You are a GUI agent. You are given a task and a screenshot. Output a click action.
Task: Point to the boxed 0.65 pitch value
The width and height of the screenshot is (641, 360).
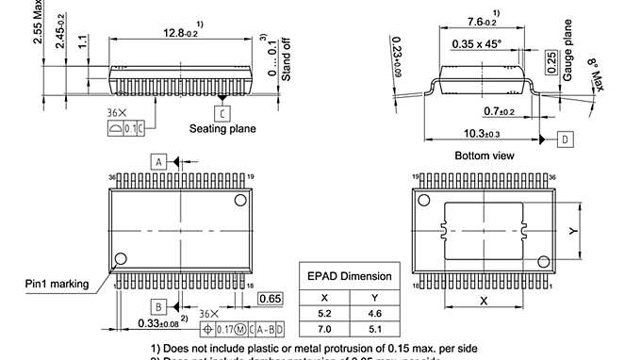pyautogui.click(x=270, y=299)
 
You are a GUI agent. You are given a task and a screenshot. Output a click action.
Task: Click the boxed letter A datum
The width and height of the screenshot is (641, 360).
pyautogui.click(x=158, y=161)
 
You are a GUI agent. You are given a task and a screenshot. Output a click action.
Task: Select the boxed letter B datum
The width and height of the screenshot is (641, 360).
pyautogui.click(x=158, y=307)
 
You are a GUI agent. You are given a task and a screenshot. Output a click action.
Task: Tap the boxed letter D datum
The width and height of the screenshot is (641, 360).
pyautogui.click(x=564, y=139)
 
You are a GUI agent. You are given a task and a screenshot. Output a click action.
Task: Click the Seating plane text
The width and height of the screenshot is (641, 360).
pyautogui.click(x=222, y=129)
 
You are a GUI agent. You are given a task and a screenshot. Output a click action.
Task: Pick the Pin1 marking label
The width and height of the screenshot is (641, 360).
pyautogui.click(x=57, y=283)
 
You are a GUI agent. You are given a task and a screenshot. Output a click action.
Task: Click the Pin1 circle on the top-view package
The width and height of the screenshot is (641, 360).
pyautogui.click(x=120, y=259)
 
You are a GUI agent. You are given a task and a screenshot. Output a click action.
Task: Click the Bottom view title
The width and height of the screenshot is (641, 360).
pyautogui.click(x=484, y=156)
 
